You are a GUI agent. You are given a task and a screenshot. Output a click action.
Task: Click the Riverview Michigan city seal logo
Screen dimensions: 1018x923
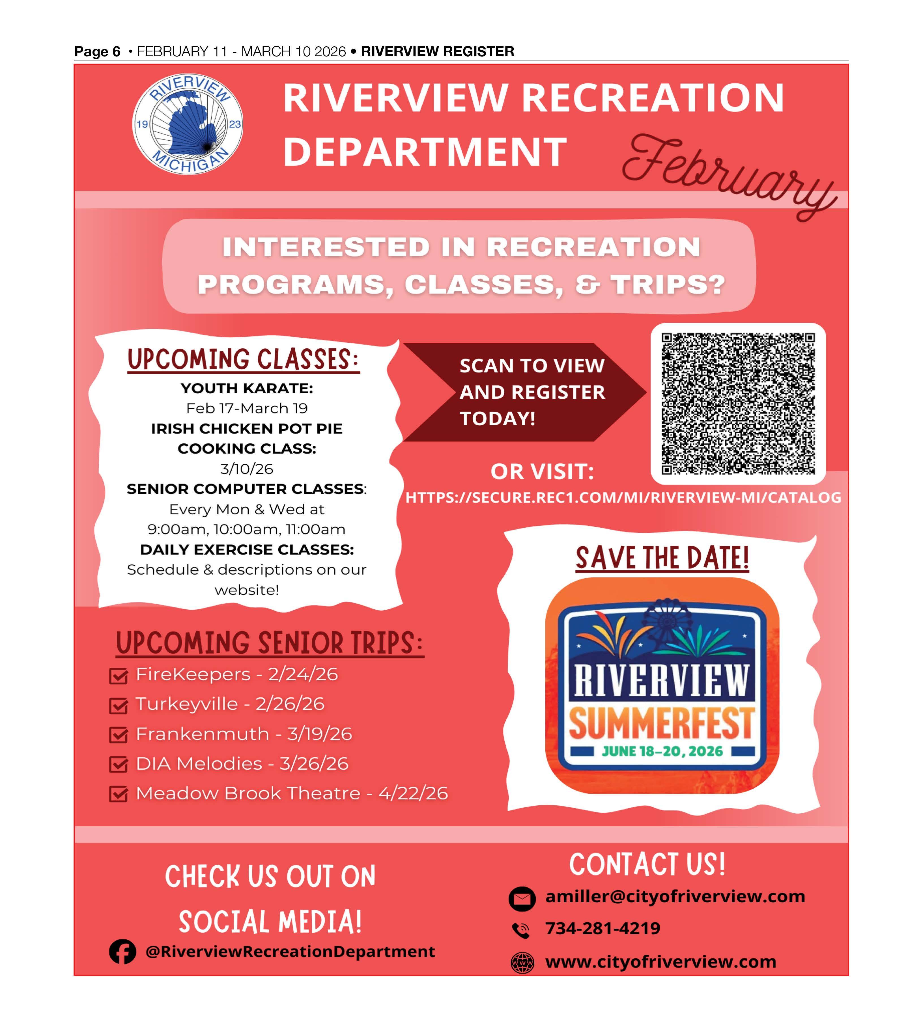188,124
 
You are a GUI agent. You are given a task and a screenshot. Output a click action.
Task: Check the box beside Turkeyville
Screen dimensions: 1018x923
118,706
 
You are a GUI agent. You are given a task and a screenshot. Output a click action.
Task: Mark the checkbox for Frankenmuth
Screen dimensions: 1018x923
118,735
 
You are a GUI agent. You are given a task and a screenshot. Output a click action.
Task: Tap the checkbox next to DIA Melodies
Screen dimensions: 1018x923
118,765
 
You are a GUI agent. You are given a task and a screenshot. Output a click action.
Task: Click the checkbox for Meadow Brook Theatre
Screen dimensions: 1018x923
118,795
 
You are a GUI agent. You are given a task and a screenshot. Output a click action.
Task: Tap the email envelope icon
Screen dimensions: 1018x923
522,899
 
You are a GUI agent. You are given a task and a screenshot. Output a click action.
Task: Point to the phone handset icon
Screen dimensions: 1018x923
521,930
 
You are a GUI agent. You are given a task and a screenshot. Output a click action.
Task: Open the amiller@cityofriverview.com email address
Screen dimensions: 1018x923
675,897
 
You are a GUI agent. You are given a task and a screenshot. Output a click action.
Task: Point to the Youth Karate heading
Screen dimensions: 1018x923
247,388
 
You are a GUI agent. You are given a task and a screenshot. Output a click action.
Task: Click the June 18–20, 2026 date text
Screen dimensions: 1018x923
662,751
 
